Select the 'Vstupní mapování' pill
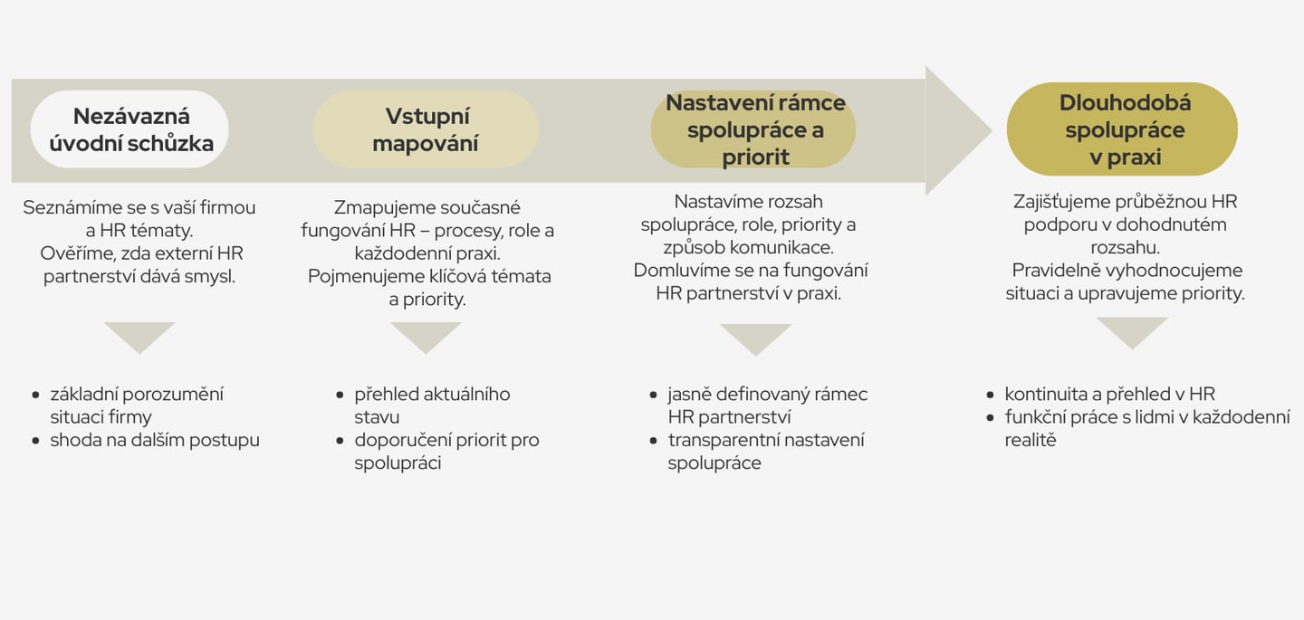click(x=426, y=129)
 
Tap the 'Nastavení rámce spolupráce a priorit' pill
click(x=754, y=129)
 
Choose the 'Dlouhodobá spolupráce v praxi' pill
click(x=1123, y=129)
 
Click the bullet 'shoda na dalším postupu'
click(x=154, y=441)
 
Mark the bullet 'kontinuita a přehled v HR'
click(x=1109, y=394)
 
